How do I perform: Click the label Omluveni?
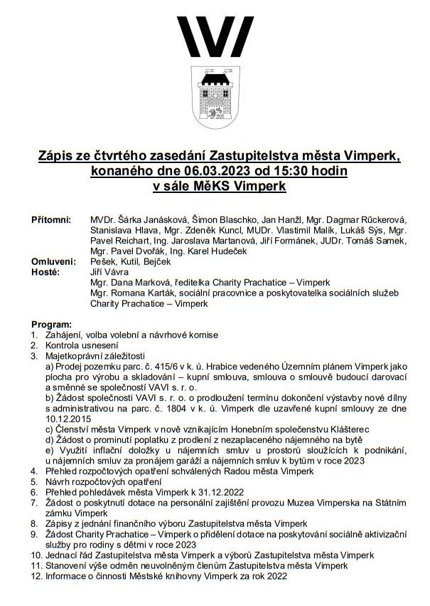[x=52, y=261]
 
